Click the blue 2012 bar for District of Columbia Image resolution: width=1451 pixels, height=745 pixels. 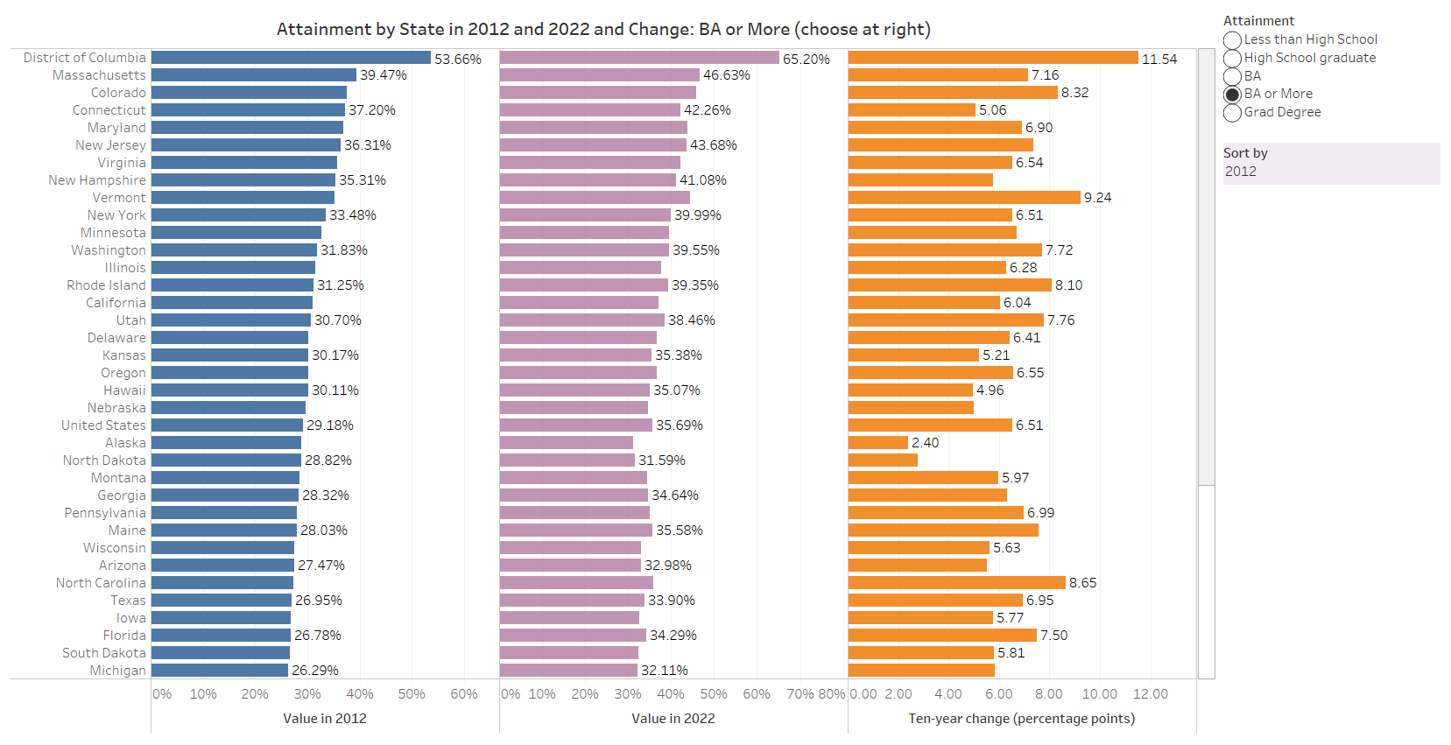click(291, 58)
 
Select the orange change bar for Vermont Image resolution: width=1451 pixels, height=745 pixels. click(964, 198)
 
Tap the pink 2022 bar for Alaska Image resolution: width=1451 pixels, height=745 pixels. click(567, 442)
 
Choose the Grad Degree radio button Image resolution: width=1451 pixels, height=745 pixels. click(1233, 113)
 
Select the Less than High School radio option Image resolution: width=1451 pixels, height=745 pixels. click(1233, 40)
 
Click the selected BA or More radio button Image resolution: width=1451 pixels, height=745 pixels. click(1233, 95)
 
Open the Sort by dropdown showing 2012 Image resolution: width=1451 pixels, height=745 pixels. click(1331, 171)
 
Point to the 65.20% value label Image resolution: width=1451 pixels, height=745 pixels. click(807, 59)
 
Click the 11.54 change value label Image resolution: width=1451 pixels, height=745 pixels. click(1159, 59)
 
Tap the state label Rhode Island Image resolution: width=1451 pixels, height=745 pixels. click(106, 285)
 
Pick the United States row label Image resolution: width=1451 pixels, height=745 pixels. click(103, 425)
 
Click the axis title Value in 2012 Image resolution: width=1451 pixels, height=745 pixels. click(325, 719)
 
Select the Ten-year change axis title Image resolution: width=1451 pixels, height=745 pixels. click(1022, 719)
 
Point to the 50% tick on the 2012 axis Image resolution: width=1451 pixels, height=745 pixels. click(412, 694)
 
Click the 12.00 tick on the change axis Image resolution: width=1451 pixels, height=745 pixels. click(1151, 694)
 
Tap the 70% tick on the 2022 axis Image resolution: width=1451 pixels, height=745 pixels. click(800, 694)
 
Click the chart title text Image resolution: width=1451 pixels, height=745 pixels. click(603, 29)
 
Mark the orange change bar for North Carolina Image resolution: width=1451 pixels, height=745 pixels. click(957, 582)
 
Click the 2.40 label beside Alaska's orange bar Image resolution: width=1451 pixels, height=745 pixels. click(925, 442)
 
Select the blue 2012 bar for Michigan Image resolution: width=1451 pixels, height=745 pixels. click(220, 670)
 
